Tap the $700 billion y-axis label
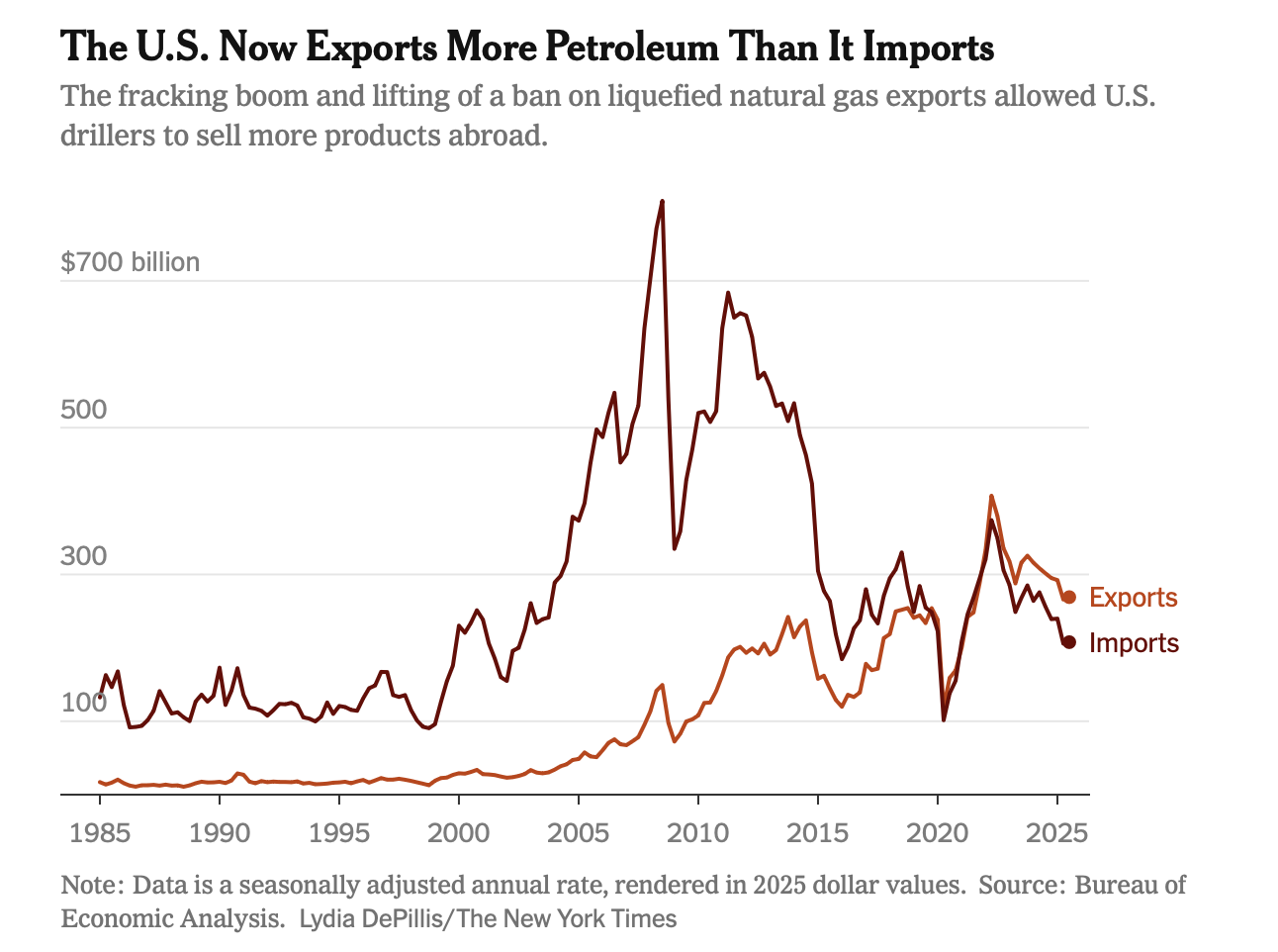(x=130, y=262)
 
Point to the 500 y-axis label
(x=83, y=410)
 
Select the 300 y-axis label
(x=83, y=556)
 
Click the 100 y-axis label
(x=83, y=704)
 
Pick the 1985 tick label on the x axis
(x=100, y=831)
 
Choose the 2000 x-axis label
(x=459, y=831)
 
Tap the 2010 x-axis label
(x=698, y=831)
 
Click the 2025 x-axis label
(x=1056, y=831)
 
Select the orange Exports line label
(x=1134, y=598)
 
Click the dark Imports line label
(x=1134, y=643)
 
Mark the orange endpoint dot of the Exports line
(x=1068, y=597)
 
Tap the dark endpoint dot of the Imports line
(x=1068, y=642)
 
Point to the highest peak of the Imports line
(x=662, y=202)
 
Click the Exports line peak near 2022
(x=991, y=496)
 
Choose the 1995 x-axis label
(x=339, y=831)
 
